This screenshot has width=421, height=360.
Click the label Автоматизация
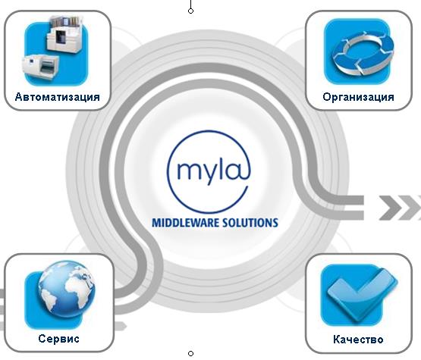[x=57, y=97]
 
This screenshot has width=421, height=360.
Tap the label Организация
[x=359, y=97]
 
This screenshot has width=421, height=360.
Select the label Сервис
[x=59, y=339]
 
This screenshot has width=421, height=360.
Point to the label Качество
[x=358, y=340]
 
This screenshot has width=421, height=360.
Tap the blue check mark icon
[x=361, y=294]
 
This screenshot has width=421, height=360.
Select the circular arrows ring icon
[x=363, y=52]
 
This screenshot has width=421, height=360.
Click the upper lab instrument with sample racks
[x=65, y=34]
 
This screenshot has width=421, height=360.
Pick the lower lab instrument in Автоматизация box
[x=40, y=67]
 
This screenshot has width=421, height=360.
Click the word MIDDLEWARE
[x=186, y=223]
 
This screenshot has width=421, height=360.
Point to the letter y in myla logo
[x=210, y=174]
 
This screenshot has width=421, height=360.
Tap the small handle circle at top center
[x=190, y=11]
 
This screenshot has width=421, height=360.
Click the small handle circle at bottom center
[x=190, y=354]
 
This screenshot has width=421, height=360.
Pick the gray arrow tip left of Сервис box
[x=121, y=326]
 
